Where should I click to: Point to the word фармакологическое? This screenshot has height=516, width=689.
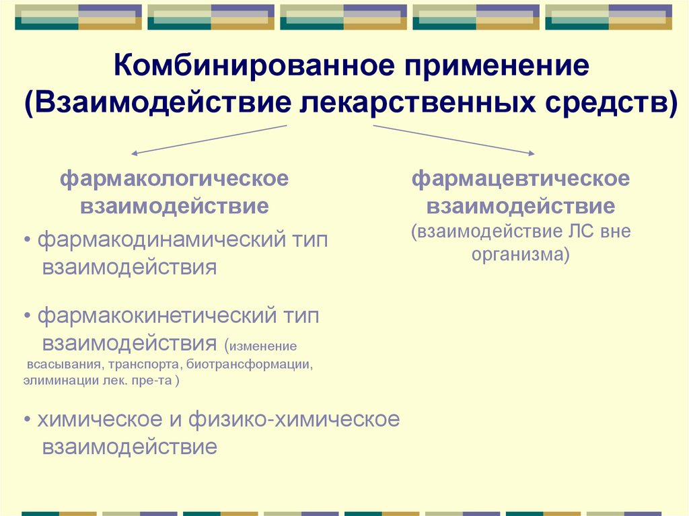(x=175, y=180)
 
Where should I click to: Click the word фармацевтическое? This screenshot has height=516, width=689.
(x=521, y=180)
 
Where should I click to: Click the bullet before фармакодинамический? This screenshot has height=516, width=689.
(x=26, y=241)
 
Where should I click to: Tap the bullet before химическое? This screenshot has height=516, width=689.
(x=26, y=420)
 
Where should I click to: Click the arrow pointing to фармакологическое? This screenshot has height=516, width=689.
(x=135, y=153)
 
